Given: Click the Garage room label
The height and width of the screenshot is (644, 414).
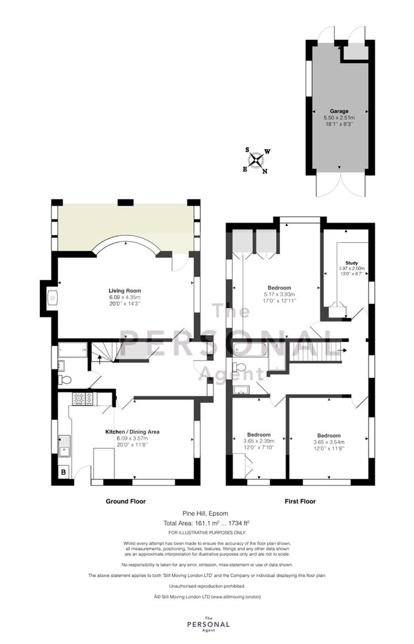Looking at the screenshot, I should point(339,111).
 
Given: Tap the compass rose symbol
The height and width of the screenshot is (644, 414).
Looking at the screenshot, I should point(257,160).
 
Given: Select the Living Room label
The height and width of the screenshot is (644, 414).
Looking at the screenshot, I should point(125,290).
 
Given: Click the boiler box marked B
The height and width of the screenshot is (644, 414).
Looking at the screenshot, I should point(64,473).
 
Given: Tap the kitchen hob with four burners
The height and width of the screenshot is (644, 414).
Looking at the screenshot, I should point(82,398).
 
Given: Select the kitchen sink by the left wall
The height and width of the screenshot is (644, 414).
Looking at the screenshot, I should point(64,446).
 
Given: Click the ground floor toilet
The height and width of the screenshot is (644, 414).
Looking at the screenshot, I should point(64,379).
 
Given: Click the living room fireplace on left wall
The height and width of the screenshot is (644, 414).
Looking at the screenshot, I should point(52,297).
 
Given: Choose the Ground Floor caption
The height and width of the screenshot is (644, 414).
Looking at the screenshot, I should point(125,501).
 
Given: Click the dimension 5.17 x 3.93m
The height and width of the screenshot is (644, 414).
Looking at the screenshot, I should point(276,294).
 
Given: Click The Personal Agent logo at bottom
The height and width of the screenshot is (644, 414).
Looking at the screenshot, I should point(206,624).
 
